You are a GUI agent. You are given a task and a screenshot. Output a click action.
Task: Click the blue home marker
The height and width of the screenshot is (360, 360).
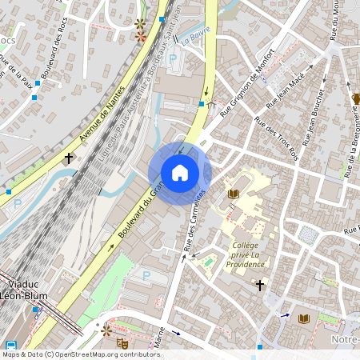click(180, 173)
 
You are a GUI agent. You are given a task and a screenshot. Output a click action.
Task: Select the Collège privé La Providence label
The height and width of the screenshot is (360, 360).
click(244, 254)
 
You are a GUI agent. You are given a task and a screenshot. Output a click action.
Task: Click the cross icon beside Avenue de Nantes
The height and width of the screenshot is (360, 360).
click(69, 158)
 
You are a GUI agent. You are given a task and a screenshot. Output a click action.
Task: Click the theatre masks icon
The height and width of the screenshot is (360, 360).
click(122, 343)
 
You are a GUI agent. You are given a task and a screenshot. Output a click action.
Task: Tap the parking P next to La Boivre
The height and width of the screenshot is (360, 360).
click(173, 58)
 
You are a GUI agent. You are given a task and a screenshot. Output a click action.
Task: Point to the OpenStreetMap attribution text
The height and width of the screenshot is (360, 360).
click(80, 354)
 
